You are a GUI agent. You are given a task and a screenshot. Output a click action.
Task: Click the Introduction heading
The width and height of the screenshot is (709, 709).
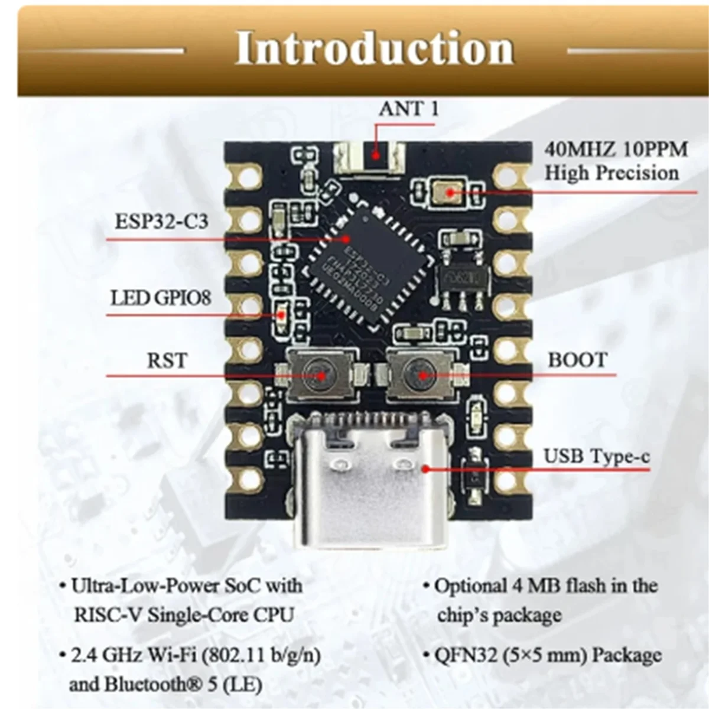click(x=375, y=48)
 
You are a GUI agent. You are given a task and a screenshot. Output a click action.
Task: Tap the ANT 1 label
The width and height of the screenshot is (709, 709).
click(x=409, y=109)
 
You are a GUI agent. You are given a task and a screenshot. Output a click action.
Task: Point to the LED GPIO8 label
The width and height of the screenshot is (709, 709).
click(x=161, y=297)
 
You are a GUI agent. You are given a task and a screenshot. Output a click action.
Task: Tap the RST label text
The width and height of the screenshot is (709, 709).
click(x=167, y=360)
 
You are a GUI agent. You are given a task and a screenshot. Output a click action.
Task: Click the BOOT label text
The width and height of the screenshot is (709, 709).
click(x=577, y=360)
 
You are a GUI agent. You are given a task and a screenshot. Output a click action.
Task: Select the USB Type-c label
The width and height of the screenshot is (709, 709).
click(x=596, y=456)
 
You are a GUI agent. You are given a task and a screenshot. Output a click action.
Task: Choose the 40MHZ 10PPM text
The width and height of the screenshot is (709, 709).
click(x=616, y=149)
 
